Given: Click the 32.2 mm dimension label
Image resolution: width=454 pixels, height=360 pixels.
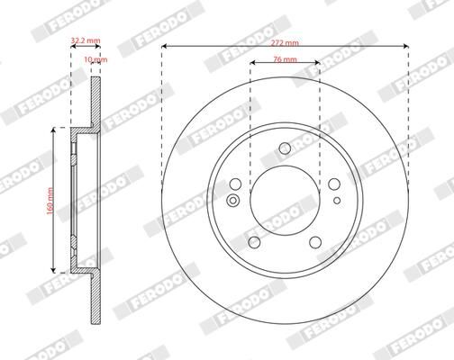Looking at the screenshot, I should [85, 40].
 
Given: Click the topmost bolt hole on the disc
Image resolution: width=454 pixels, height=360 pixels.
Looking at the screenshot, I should [285, 149].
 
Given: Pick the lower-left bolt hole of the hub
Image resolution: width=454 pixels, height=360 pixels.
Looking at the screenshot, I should [255, 241].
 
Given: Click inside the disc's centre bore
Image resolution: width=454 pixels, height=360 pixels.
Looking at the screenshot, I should [285, 202].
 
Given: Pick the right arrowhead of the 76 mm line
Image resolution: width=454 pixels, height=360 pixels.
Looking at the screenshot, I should [317, 68].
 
